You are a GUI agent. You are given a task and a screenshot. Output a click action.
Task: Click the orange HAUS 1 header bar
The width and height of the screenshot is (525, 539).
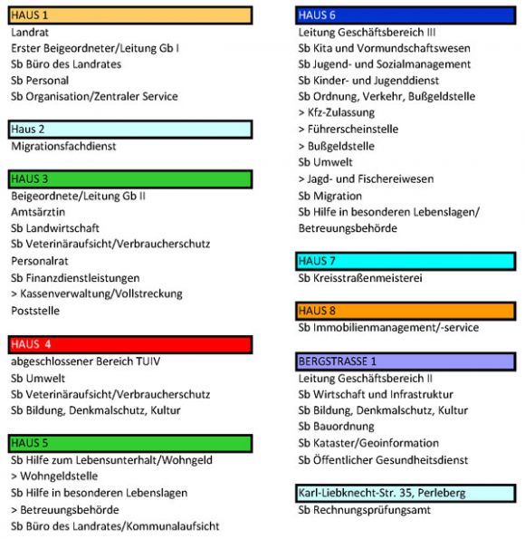coord(129,15)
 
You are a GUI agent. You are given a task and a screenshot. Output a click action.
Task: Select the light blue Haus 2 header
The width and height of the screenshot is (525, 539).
coord(129,130)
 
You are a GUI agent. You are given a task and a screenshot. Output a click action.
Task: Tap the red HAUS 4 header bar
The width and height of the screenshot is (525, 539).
coord(129,344)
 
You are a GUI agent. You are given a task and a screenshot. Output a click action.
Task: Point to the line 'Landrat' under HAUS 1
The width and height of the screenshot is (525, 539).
coord(30,32)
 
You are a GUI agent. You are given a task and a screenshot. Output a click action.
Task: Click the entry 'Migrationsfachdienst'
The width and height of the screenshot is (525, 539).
coord(63,146)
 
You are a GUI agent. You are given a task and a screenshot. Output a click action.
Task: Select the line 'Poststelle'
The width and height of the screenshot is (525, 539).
coord(36,310)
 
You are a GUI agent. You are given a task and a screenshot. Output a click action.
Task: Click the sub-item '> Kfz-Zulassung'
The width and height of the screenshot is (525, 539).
coord(336,113)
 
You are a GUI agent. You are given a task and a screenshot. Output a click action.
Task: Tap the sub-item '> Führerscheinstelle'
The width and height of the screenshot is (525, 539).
coord(348,130)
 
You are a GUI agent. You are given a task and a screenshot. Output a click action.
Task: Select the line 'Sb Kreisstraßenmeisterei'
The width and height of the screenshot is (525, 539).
coord(360,277)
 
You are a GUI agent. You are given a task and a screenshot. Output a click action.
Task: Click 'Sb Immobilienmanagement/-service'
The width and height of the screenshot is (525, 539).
coord(388,327)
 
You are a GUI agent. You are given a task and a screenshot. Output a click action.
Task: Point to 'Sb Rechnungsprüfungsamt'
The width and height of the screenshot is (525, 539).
coord(365,510)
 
